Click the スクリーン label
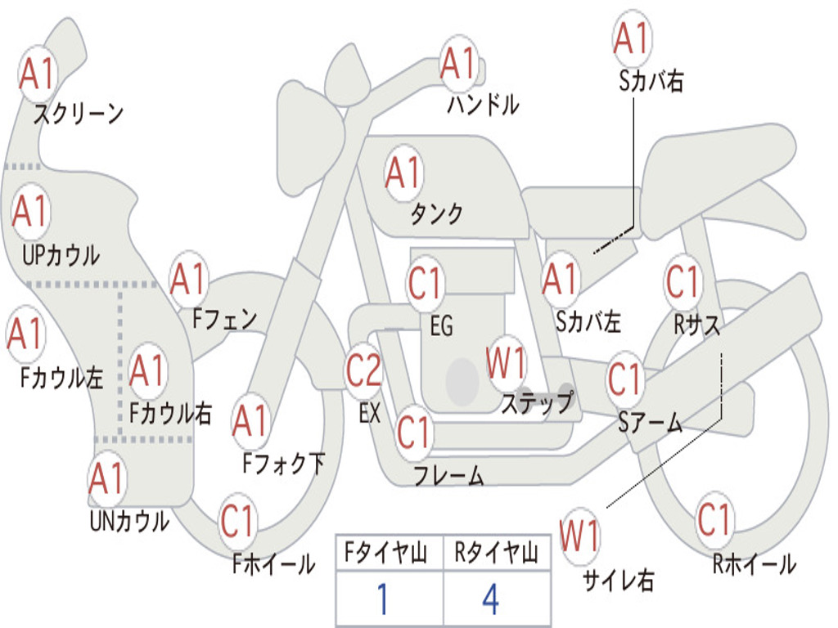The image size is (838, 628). point(79,114)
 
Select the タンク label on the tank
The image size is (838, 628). point(436,213)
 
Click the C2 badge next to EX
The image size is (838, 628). point(364,370)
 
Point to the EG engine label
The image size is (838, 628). point(441,325)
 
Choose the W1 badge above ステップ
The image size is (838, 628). point(506,362)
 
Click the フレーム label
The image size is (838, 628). point(448,475)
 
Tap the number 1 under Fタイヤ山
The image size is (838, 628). point(383,599)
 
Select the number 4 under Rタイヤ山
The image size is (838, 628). point(491,599)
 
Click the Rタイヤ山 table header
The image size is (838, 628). point(497,553)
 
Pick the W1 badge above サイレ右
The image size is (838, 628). point(579,535)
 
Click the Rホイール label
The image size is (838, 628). point(754,564)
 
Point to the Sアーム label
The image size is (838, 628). point(650,422)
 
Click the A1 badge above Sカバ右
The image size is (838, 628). point(633,38)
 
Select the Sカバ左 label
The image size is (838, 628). point(588,321)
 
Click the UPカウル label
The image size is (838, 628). point(61,255)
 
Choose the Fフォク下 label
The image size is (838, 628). point(284,464)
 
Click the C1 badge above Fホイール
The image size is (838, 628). point(237,521)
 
